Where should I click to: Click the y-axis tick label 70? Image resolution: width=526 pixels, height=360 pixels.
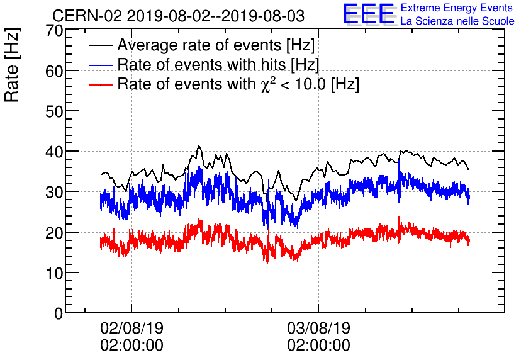pos(55,30)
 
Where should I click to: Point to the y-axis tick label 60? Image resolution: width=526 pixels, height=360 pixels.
pos(55,71)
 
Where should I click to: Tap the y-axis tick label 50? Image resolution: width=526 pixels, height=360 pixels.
pos(55,111)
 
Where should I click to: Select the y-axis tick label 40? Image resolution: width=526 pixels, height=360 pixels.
pos(55,152)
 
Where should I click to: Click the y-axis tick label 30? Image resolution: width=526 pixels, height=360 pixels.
pos(55,192)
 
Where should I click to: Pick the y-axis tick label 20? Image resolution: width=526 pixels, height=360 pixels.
pos(55,232)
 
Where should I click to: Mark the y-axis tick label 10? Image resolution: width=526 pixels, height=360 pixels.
pos(55,273)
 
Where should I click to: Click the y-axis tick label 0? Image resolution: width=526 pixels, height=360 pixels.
pos(59,313)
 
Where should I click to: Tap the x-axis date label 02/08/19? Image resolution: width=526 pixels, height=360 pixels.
pos(131,329)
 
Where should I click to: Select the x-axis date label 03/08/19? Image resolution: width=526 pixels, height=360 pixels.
pos(318,329)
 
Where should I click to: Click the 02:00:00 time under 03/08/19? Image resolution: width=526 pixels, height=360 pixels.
pos(318,346)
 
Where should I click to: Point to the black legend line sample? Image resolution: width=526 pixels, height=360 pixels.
pos(101,46)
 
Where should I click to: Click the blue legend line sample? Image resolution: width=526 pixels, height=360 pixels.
pos(101,65)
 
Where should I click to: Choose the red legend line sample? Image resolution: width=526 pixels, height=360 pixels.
pos(101,84)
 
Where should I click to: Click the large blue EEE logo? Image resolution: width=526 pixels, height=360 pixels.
pos(369,14)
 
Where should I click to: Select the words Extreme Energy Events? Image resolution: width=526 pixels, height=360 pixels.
pos(457,8)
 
